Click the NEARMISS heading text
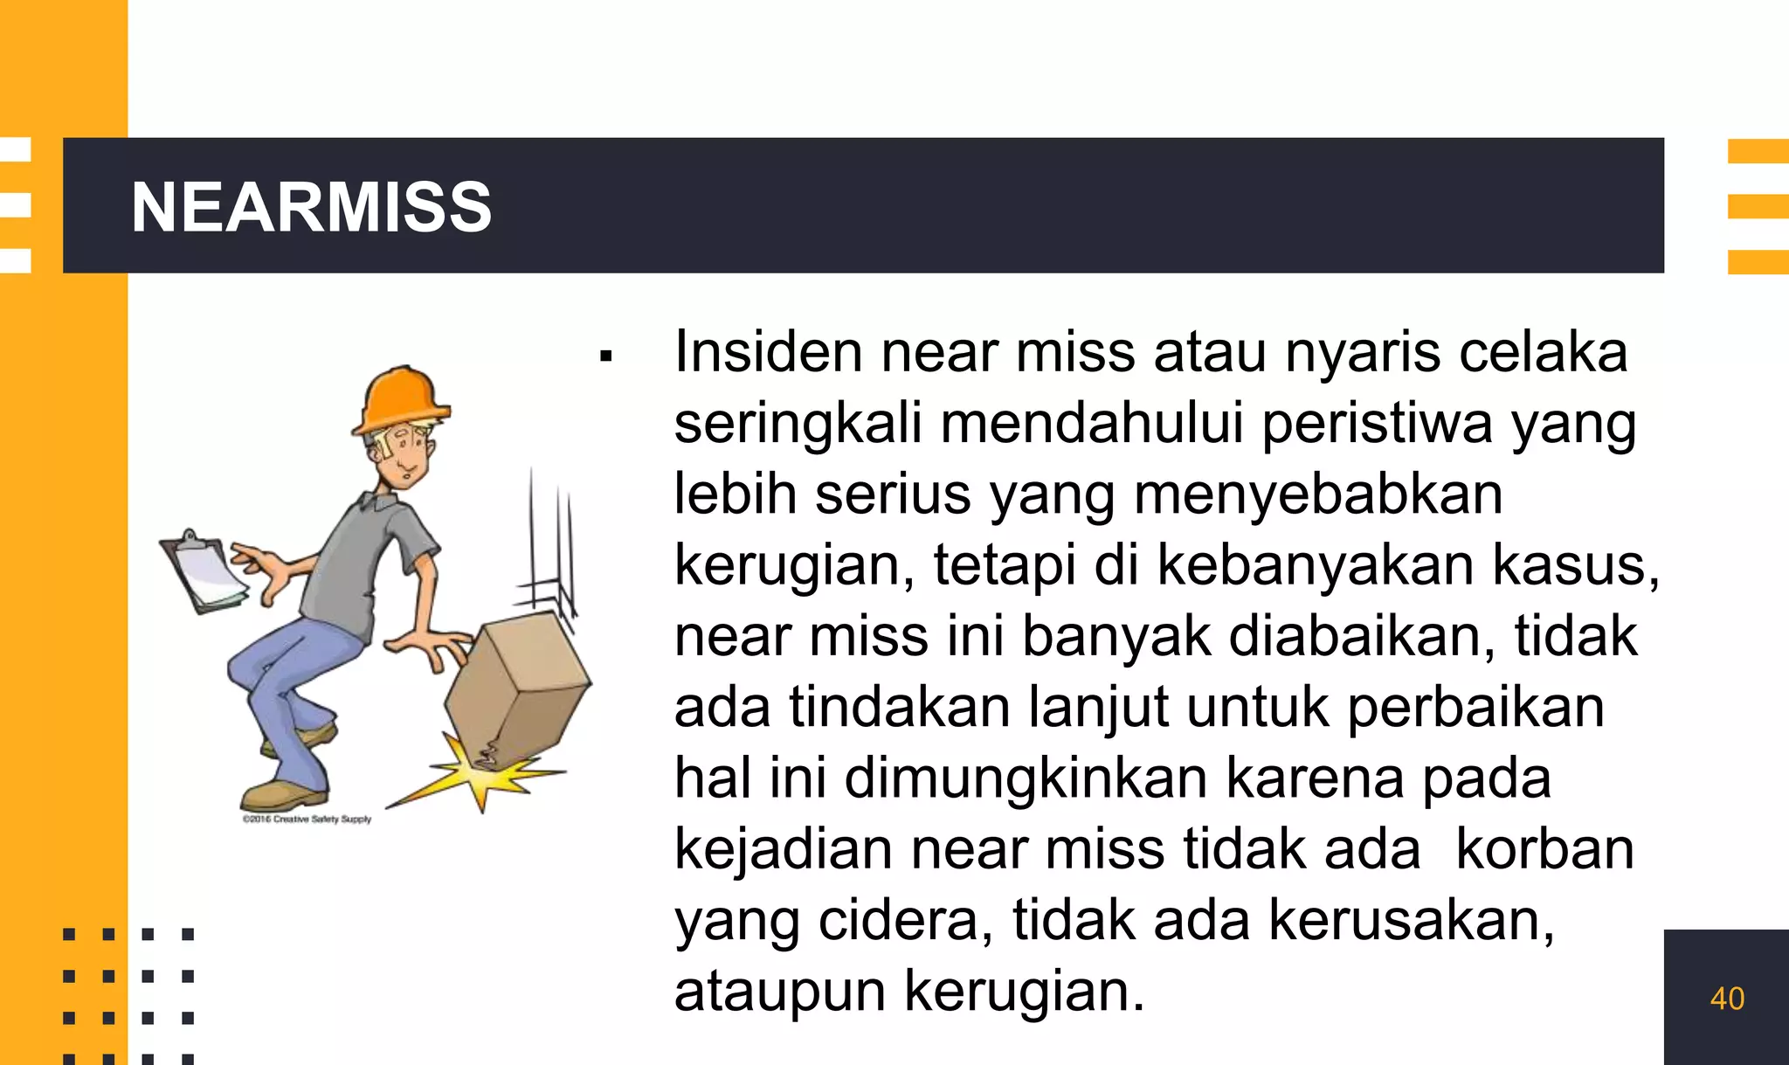[311, 207]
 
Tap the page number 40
[1727, 999]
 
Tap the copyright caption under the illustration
[307, 819]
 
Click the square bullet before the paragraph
[606, 356]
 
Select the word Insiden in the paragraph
[768, 352]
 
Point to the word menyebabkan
[1318, 494]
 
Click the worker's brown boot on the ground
[284, 795]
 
